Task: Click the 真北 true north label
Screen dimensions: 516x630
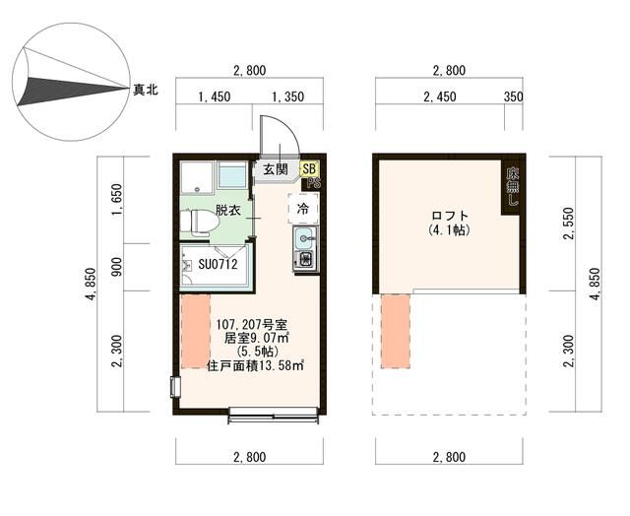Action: pyautogui.click(x=146, y=90)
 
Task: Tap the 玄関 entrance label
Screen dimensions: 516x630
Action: pyautogui.click(x=275, y=170)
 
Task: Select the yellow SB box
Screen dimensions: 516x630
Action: pyautogui.click(x=308, y=169)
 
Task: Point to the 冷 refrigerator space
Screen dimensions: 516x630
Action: pyautogui.click(x=303, y=209)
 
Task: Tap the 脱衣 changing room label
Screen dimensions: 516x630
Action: pyautogui.click(x=228, y=210)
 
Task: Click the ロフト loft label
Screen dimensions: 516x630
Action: pyautogui.click(x=449, y=216)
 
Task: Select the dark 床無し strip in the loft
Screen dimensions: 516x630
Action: pyautogui.click(x=512, y=186)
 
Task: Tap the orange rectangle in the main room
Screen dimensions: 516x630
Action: pyautogui.click(x=195, y=330)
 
